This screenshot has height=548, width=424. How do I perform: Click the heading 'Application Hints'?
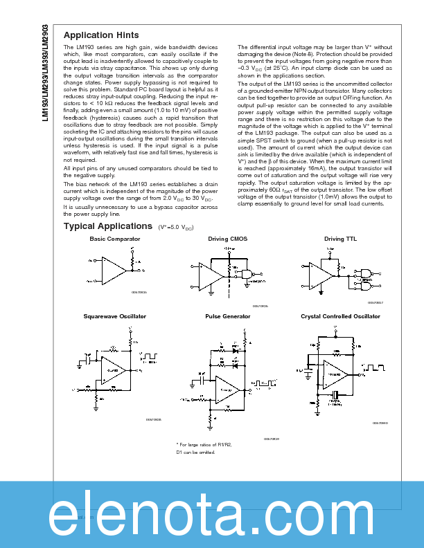click(101, 35)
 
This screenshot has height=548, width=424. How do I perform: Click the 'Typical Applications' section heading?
click(107, 226)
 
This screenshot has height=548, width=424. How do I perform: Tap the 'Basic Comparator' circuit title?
click(114, 239)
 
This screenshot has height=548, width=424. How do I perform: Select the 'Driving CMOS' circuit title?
click(227, 239)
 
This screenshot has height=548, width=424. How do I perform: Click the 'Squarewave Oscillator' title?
click(114, 316)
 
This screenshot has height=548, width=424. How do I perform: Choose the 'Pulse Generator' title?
click(227, 316)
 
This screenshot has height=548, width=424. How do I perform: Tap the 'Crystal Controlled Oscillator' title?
click(340, 316)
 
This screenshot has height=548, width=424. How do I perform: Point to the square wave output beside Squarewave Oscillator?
click(150, 358)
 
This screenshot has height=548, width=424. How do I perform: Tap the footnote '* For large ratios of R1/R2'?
click(204, 445)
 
